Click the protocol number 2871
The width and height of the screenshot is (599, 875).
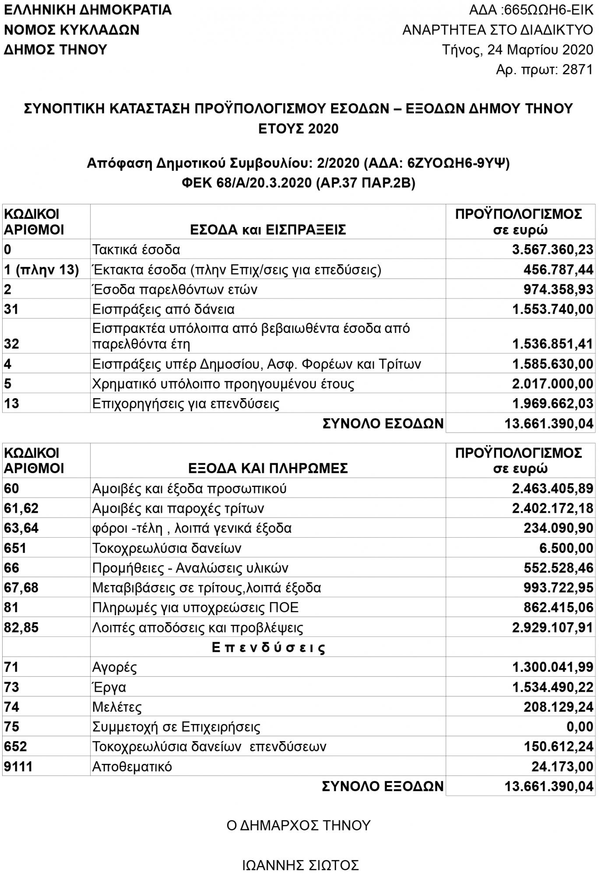coord(578,70)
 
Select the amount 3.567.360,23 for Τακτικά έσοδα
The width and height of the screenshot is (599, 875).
coord(553,250)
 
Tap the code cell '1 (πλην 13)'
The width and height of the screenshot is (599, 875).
coord(42,270)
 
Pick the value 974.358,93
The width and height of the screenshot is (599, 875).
coord(558,290)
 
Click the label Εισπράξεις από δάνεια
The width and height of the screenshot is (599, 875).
coord(163,309)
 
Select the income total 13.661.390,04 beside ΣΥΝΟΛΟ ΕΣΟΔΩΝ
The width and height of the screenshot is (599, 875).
coord(549,423)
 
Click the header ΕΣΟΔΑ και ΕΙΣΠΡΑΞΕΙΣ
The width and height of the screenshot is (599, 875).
coord(268,229)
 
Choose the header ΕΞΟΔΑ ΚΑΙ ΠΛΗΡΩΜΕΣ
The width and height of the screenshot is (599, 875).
coord(268,468)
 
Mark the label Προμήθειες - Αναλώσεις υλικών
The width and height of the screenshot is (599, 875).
coord(190,568)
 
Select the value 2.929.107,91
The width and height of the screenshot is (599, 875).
coord(553,628)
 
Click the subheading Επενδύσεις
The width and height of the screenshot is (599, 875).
coord(268,647)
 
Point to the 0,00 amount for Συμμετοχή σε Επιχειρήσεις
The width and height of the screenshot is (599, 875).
coord(580,727)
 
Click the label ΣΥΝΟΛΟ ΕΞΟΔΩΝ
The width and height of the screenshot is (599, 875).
coord(382,786)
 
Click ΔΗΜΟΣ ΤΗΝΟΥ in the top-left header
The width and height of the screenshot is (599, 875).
coord(56,49)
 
